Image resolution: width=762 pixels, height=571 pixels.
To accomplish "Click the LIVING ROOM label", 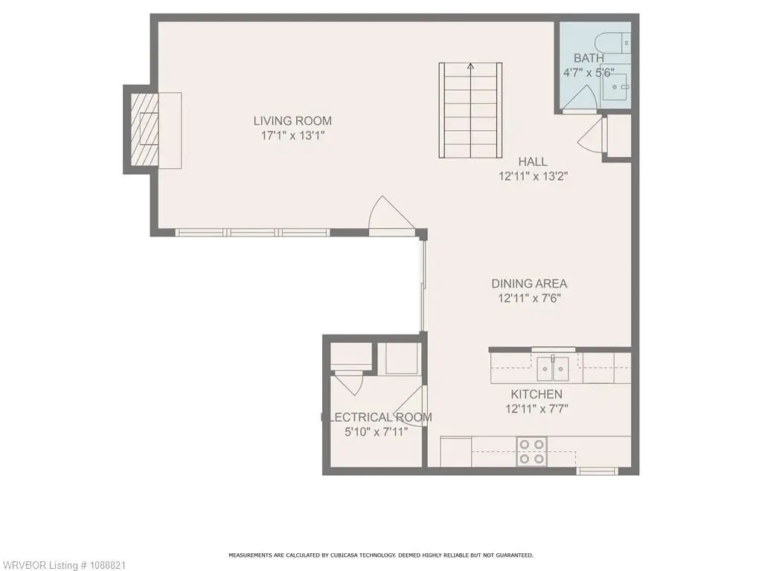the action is pos(292,120).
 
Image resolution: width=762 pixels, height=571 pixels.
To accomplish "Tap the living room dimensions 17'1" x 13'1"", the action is pos(292,135).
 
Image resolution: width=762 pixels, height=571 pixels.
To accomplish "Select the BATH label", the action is pos(589,58).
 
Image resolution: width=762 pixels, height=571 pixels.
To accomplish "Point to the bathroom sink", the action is pos(617,87).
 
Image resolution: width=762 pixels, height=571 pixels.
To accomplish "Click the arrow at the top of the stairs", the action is pos(470,66).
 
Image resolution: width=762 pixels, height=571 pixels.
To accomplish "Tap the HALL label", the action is pos(533,161).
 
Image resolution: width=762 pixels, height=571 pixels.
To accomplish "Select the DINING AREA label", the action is pos(529,283).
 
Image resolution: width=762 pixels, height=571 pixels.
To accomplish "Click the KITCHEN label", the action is pos(536,394).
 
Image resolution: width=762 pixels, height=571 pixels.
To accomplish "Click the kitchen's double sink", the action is pos(553,369).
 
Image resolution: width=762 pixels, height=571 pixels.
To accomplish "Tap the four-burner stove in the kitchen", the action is pos(531,451).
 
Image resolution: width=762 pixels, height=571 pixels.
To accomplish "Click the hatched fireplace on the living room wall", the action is pos(144,129).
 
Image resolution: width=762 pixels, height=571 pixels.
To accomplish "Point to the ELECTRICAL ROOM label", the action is pos(376,417).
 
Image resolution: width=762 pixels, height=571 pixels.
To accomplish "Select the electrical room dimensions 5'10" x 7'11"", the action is pos(376,432).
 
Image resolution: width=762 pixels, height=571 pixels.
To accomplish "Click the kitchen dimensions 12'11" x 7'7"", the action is pos(537,409).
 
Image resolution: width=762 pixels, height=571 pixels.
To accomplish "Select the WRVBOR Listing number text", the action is pos(63,565).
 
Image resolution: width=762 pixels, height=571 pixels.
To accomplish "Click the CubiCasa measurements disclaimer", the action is pos(380,555).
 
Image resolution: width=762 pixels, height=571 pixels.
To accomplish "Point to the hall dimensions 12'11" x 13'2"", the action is pos(533,175).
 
